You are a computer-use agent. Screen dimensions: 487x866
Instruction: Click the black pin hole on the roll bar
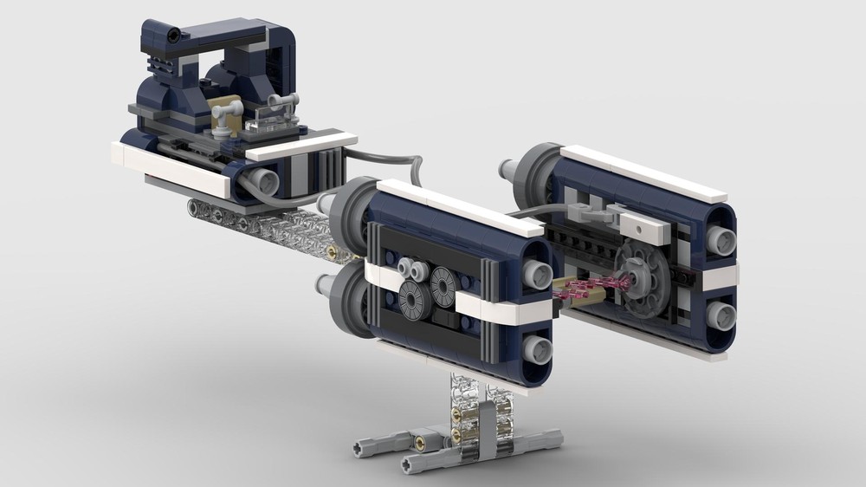point(174,36)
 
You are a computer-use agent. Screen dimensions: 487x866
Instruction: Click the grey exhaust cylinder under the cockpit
point(260,181)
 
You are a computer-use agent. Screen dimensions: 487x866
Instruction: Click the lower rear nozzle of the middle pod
point(538,349)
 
